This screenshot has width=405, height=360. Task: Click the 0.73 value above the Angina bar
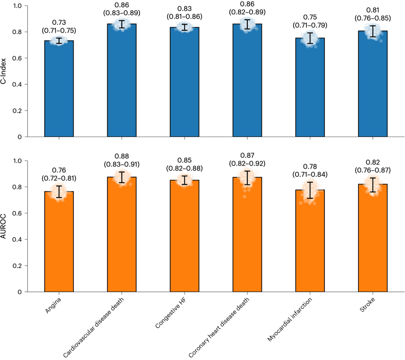(x=59, y=22)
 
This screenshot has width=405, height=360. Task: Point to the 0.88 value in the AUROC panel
(x=122, y=156)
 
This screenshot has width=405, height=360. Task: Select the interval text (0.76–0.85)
(x=373, y=17)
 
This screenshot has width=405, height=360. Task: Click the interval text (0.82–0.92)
(x=247, y=163)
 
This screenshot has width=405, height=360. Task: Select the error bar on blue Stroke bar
(x=373, y=31)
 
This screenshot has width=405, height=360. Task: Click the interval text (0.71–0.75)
(x=59, y=30)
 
